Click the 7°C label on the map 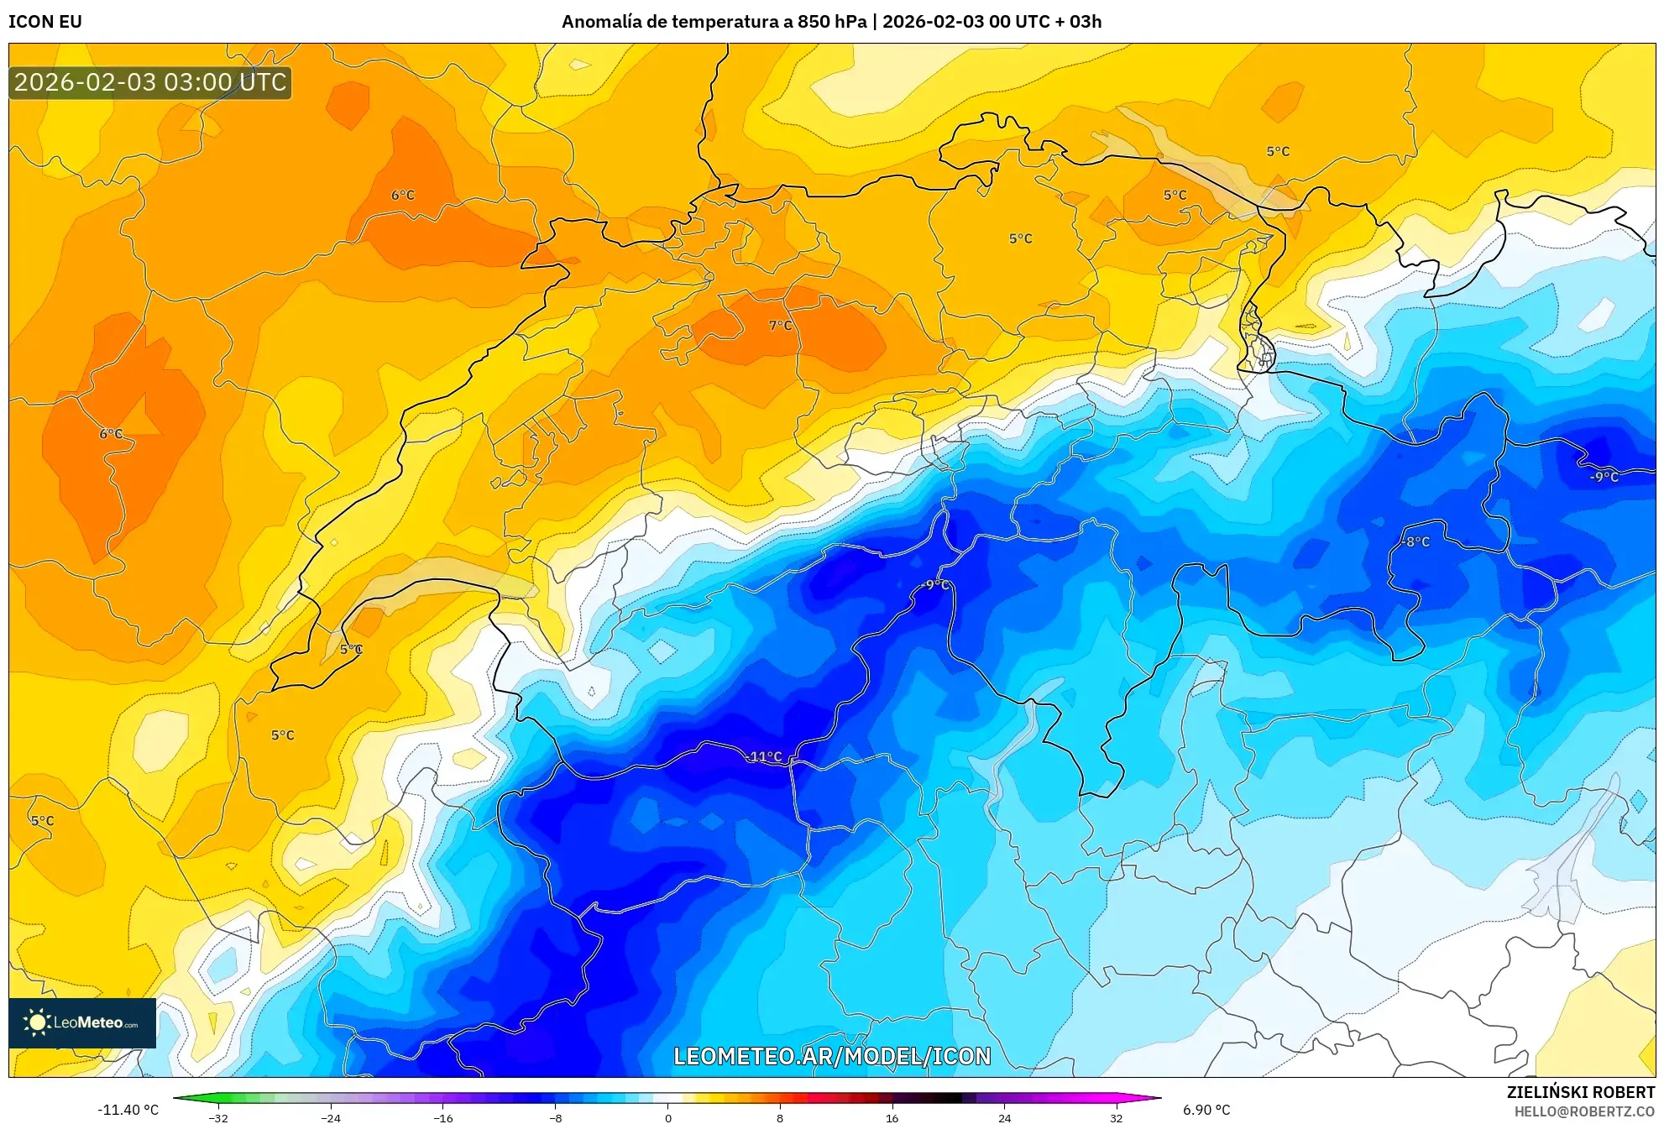pos(780,326)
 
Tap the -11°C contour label pos(763,756)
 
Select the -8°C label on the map pos(1415,542)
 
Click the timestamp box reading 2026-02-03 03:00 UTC pos(150,82)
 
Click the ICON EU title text pos(45,22)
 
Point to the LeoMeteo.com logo pos(82,1022)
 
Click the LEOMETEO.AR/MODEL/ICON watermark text pos(832,1056)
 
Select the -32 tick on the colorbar pos(218,1117)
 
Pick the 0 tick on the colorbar pos(667,1117)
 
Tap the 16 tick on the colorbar pos(892,1117)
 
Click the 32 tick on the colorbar pos(1116,1117)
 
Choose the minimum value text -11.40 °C pos(128,1110)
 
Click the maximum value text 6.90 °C pos(1206,1110)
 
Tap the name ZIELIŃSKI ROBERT pos(1580,1092)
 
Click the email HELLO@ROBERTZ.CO pos(1584,1111)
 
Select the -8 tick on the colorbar pos(555,1117)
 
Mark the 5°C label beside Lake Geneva pos(351,649)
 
